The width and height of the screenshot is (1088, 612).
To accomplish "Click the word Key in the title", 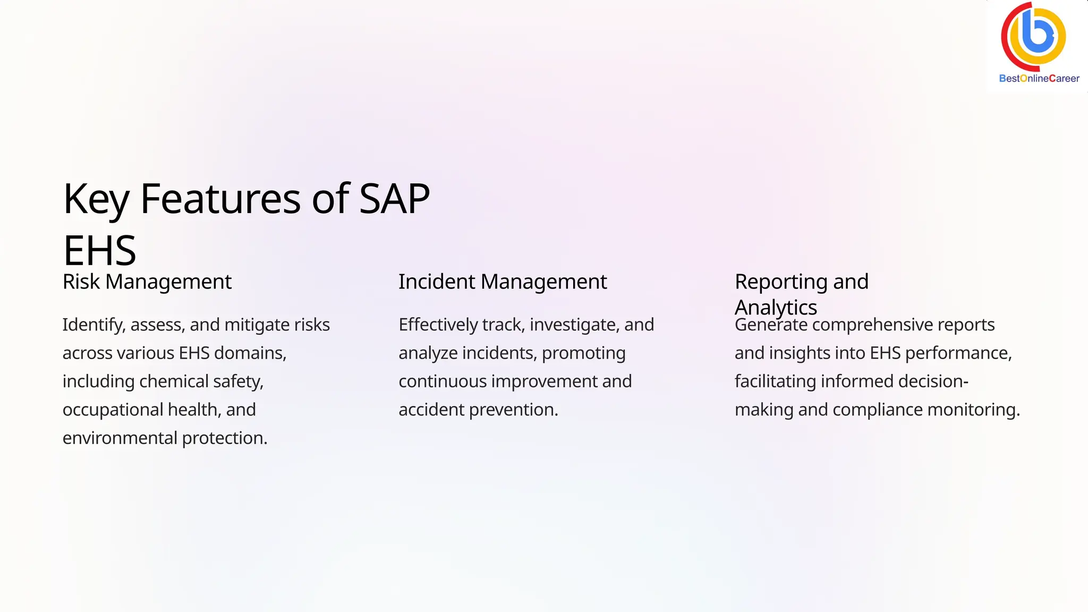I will [96, 199].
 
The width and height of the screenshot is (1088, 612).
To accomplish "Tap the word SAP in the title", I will [394, 199].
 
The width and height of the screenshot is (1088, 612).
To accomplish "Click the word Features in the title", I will [220, 199].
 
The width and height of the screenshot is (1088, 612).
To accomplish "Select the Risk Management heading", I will [147, 282].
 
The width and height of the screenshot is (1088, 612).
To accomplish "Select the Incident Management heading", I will [503, 282].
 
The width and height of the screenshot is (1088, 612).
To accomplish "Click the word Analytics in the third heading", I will [776, 308].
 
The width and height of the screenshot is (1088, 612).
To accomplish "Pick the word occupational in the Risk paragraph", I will [113, 410].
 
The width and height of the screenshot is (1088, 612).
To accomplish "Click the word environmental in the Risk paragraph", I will [120, 438].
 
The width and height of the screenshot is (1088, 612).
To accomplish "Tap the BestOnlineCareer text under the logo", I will [1039, 79].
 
